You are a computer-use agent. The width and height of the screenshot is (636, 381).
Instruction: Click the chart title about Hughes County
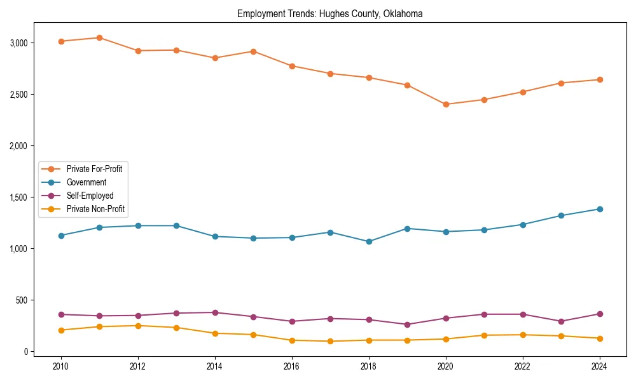point(329,13)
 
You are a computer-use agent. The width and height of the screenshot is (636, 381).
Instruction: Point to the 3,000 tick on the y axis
point(19,43)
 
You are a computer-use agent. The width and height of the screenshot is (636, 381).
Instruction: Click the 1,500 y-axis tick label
point(19,197)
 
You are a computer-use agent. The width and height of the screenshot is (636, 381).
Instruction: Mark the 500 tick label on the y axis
point(23,300)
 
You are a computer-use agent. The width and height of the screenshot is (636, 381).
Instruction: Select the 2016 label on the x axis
point(292,366)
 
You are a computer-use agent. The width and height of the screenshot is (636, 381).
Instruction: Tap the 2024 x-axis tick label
point(599,366)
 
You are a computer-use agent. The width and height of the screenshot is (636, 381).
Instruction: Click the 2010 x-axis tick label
point(61,366)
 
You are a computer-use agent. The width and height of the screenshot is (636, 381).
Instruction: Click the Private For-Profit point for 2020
point(446,104)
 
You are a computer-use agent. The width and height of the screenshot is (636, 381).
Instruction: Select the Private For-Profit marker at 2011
point(100,37)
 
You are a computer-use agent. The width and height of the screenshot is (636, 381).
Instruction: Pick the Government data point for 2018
point(369,241)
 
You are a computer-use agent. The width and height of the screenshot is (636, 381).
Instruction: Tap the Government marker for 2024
point(599,209)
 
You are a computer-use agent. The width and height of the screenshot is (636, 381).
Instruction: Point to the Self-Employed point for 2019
point(407,324)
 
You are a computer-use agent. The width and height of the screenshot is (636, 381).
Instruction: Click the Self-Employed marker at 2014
point(215,312)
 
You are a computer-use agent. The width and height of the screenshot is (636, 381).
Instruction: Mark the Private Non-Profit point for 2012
point(138,326)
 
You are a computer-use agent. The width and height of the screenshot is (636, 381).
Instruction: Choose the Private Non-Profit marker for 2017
point(330,341)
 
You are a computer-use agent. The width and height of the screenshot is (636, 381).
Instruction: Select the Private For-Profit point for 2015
point(253,51)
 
